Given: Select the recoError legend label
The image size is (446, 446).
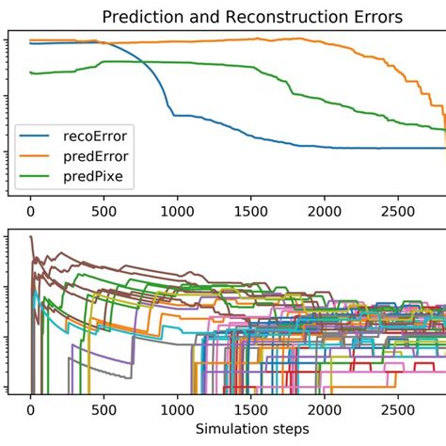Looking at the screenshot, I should [x=101, y=135].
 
